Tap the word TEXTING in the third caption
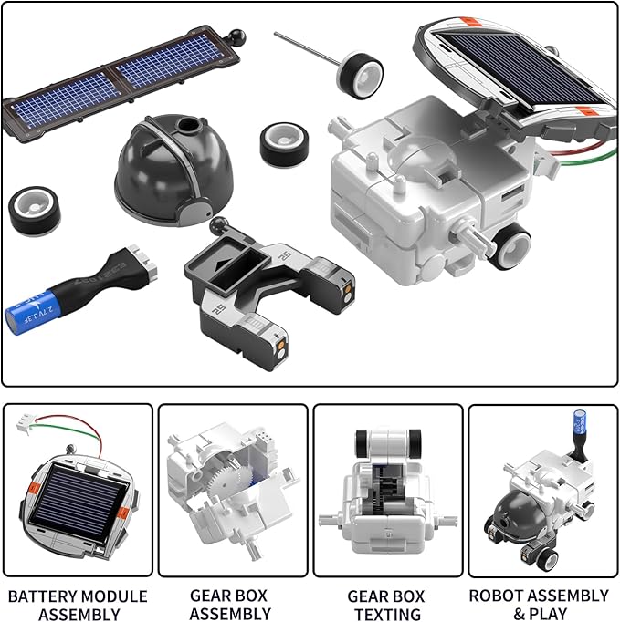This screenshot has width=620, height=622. point(384,615)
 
